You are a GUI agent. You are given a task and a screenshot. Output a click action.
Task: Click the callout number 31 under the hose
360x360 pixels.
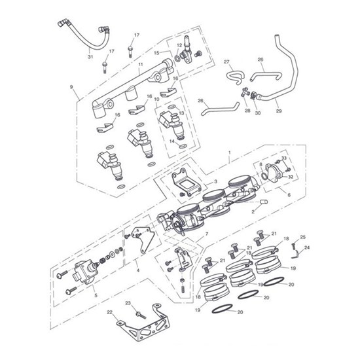pyautogui.click(x=90, y=57)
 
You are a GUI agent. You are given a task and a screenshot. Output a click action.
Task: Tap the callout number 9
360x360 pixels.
pyautogui.click(x=71, y=87)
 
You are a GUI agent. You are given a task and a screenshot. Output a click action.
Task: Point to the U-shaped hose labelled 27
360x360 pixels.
pyautogui.click(x=235, y=77)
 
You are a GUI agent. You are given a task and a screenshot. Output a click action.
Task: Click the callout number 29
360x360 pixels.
pyautogui.click(x=279, y=111)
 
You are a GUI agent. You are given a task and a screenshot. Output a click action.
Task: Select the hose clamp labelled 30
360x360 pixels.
pyautogui.click(x=253, y=96)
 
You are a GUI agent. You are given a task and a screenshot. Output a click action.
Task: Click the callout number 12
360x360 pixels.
pyautogui.click(x=179, y=45)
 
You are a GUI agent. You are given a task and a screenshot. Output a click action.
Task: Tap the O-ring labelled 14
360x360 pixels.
pyautogui.click(x=183, y=146)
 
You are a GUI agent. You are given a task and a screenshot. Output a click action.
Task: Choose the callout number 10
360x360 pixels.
pyautogui.click(x=156, y=99)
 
